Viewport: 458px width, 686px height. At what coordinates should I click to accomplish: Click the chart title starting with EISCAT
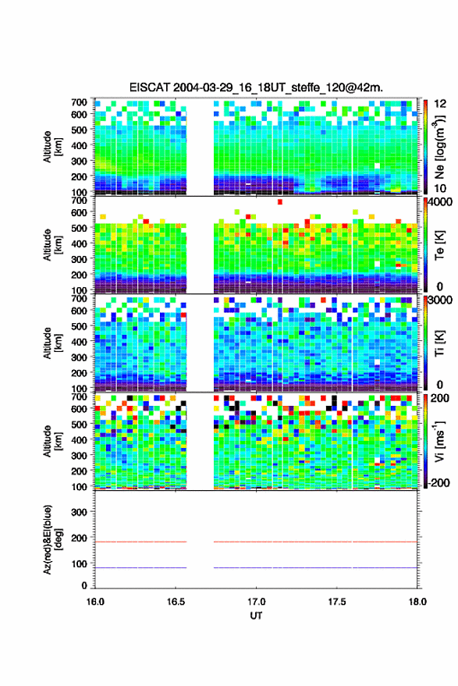pos(256,87)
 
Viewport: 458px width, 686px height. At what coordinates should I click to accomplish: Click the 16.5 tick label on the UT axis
pos(176,602)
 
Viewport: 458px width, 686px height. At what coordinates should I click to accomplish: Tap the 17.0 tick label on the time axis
pos(256,602)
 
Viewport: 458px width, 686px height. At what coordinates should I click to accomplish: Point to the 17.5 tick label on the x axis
pos(336,602)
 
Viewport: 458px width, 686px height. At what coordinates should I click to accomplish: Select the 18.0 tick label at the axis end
pos(417,602)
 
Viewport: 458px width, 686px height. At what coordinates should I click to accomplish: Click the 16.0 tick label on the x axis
pos(95,602)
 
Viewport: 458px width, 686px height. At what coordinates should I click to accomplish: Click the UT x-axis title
pos(256,616)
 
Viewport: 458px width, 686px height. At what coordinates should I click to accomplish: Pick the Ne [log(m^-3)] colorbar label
pos(440,147)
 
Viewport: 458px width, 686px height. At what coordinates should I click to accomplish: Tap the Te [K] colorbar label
pos(439,245)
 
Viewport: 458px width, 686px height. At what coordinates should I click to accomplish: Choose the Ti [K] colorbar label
pos(439,343)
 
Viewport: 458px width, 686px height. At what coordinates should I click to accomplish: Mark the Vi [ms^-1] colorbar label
pos(439,441)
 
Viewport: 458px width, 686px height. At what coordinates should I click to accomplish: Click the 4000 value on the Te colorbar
pos(440,203)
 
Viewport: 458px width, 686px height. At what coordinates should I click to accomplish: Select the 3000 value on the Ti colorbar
pos(440,300)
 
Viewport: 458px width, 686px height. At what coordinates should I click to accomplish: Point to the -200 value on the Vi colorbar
pos(438,482)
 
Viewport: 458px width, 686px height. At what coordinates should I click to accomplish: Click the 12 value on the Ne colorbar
pos(441,104)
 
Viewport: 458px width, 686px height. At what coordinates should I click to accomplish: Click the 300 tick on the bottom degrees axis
pos(79,512)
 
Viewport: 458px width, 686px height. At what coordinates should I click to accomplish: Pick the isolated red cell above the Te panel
pos(280,201)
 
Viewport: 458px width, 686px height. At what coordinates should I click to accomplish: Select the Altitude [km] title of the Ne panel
pos(52,147)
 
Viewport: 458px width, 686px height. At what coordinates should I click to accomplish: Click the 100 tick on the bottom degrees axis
pos(79,563)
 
